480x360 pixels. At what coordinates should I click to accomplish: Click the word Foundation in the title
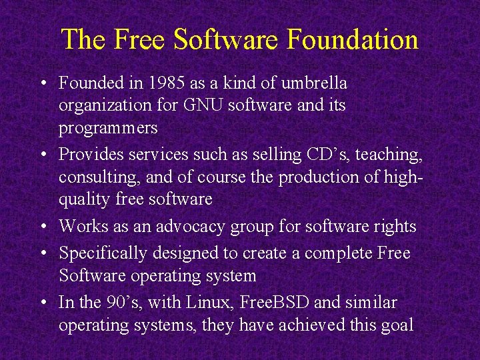[353, 39]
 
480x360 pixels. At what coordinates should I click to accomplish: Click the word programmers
[108, 128]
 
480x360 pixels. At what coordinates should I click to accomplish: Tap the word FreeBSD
[272, 303]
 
